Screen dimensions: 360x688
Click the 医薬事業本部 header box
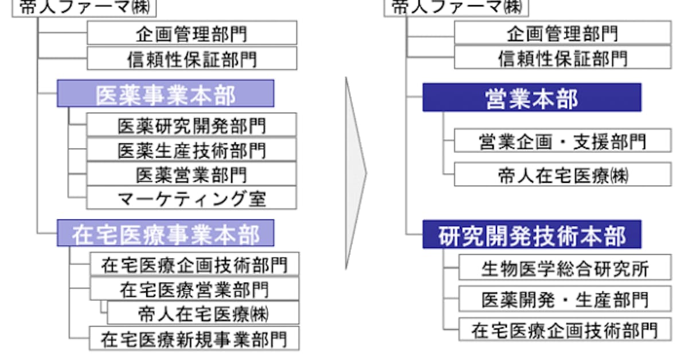pyautogui.click(x=165, y=93)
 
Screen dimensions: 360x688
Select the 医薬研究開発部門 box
pyautogui.click(x=191, y=125)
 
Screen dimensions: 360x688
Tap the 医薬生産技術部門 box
pyautogui.click(x=191, y=150)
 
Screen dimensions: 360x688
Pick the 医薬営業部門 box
pyautogui.click(x=191, y=174)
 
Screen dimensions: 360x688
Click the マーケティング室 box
pyautogui.click(x=191, y=198)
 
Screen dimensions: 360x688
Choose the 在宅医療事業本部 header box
pyautogui.click(x=165, y=233)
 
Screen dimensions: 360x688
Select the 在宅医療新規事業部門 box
pyautogui.click(x=194, y=338)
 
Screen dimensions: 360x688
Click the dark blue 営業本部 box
pyautogui.click(x=531, y=97)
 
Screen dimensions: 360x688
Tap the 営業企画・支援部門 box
pyautogui.click(x=562, y=141)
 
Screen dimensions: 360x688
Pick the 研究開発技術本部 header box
pyautogui.click(x=531, y=234)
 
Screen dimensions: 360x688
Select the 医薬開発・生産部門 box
pyautogui.click(x=565, y=299)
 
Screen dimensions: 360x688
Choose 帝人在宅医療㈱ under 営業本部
pyautogui.click(x=562, y=174)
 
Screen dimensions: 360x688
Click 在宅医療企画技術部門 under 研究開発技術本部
pyautogui.click(x=565, y=330)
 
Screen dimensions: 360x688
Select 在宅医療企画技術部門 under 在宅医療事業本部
pyautogui.click(x=194, y=264)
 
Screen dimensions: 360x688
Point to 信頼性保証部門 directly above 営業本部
pyautogui.click(x=562, y=58)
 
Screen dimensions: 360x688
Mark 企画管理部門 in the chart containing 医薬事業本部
pyautogui.click(x=191, y=33)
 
